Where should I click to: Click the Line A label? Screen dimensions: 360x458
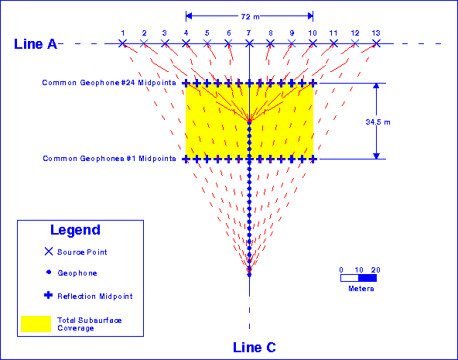36,43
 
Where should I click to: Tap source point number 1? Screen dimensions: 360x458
122,43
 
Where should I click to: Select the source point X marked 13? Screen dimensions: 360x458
376,43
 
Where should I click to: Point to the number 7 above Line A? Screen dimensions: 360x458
249,33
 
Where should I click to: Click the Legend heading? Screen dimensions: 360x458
75,230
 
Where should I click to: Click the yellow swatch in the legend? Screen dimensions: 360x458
36,324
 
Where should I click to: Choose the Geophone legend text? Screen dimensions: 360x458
77,273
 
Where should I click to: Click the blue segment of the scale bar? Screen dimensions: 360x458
367,277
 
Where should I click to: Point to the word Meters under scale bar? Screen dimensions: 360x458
359,288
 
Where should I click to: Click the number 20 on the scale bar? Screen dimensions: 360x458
376,269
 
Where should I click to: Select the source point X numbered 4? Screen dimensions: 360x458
186,43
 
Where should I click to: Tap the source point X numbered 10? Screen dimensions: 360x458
313,43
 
